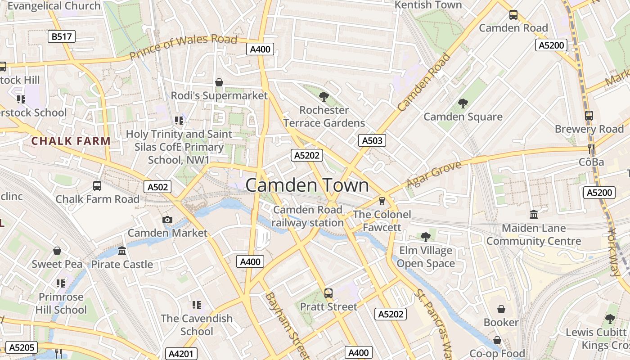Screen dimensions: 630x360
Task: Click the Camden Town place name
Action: pos(307,185)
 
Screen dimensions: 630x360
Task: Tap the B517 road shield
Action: pos(62,36)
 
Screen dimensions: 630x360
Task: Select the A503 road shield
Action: pos(372,140)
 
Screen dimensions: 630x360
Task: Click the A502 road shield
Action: pos(157,186)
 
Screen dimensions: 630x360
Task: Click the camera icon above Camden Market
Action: pos(167,220)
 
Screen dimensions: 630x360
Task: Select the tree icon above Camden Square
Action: pos(463,103)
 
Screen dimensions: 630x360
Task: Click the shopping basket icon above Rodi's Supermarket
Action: pos(219,82)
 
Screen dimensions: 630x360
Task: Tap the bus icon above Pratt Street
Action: pos(328,293)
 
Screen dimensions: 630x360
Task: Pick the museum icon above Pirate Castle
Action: pos(122,251)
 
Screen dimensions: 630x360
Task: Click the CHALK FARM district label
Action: pos(71,141)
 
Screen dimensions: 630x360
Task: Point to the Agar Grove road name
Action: pos(434,175)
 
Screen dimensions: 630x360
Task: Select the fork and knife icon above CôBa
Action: pos(591,148)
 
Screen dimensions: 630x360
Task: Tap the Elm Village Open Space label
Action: pos(426,257)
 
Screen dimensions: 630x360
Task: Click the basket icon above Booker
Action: pos(501,309)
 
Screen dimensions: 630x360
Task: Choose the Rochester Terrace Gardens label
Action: pos(324,117)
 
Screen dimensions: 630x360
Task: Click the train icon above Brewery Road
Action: pos(589,116)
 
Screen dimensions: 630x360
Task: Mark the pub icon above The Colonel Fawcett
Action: pos(382,201)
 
